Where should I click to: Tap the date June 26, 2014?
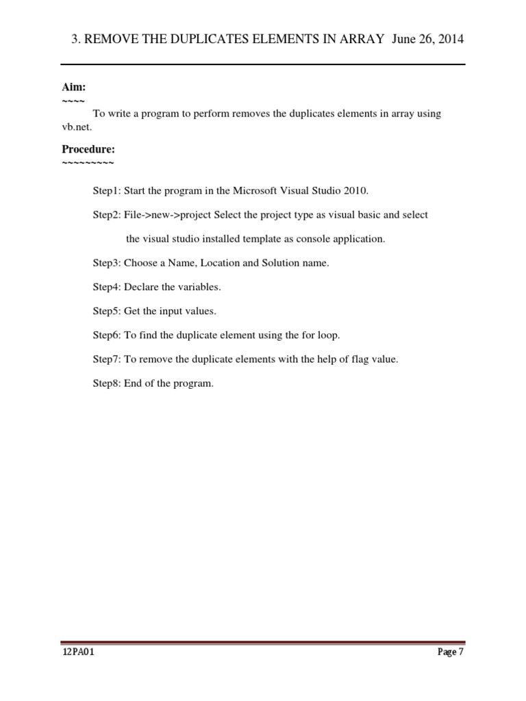pyautogui.click(x=428, y=40)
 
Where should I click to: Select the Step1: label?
pyautogui.click(x=107, y=190)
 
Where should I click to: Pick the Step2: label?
pyautogui.click(x=107, y=215)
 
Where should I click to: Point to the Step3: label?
pyautogui.click(x=107, y=264)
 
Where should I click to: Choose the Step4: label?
pyautogui.click(x=107, y=288)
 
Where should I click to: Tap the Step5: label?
pyautogui.click(x=107, y=311)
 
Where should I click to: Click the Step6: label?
pyautogui.click(x=107, y=335)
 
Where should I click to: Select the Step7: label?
pyautogui.click(x=107, y=359)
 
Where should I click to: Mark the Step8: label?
pyautogui.click(x=107, y=383)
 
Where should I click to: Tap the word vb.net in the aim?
pyautogui.click(x=77, y=127)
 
